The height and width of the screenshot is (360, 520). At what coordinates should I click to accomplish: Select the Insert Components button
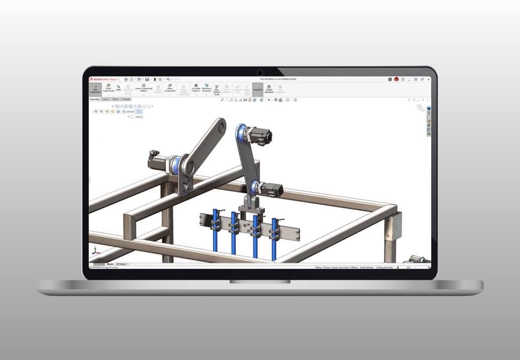[x=108, y=89]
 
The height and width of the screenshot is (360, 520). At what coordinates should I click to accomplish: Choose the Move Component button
[x=170, y=89]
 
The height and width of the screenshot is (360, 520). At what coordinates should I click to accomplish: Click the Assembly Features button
[x=196, y=89]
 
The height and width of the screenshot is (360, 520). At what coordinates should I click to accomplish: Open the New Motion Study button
[x=217, y=90]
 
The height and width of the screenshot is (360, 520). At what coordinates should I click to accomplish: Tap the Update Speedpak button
[x=269, y=89]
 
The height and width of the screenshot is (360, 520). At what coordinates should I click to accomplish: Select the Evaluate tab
[x=126, y=99]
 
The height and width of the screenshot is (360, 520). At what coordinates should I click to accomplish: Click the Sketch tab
[x=115, y=99]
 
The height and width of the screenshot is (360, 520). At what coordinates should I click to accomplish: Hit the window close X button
[x=428, y=79]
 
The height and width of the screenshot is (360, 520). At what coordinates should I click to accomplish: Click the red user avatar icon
[x=396, y=79]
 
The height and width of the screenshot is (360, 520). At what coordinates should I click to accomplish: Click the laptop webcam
[x=260, y=73]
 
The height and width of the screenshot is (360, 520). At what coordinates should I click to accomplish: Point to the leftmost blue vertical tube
[x=215, y=232]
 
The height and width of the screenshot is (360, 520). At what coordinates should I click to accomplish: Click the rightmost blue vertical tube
[x=274, y=238]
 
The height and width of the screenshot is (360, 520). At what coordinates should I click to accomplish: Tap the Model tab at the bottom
[x=110, y=264]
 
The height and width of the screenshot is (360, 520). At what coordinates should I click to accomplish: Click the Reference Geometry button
[x=206, y=89]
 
